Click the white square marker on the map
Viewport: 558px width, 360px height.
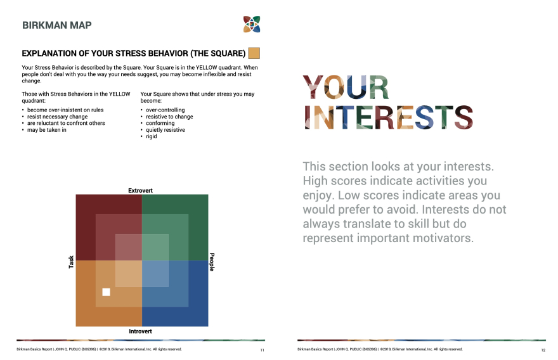click(x=106, y=292)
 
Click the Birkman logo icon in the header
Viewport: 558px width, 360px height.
click(x=252, y=24)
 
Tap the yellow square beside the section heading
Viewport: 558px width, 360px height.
click(x=254, y=53)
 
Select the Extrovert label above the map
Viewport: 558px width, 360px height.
click(x=140, y=191)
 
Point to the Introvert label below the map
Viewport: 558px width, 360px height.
click(x=140, y=331)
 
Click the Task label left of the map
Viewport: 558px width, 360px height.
click(x=71, y=262)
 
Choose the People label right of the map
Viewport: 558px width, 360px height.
click(x=212, y=262)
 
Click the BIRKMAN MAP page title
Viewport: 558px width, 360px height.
click(x=57, y=25)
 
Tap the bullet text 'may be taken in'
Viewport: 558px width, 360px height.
click(x=47, y=130)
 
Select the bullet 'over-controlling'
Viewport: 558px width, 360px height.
click(x=165, y=110)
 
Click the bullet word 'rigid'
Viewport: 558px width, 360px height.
click(x=152, y=136)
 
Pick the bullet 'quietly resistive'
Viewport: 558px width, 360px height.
click(x=165, y=130)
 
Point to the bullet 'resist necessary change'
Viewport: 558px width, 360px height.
click(x=57, y=117)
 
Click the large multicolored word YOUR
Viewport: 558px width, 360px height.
click(x=346, y=87)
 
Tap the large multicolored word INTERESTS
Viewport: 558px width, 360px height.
click(x=388, y=117)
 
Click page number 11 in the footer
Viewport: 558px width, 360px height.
click(x=263, y=350)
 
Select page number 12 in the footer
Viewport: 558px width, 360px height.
click(x=543, y=350)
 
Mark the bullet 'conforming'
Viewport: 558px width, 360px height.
click(x=160, y=123)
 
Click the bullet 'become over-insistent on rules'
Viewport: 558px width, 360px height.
click(x=65, y=110)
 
